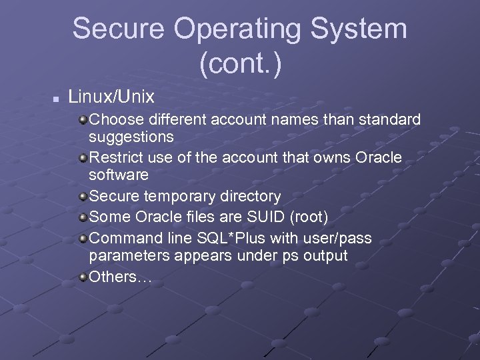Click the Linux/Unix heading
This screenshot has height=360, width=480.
pyautogui.click(x=111, y=97)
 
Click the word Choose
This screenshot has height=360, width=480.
pyautogui.click(x=114, y=120)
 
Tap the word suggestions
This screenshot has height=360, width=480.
pyautogui.click(x=131, y=137)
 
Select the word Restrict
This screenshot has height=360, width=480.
pyautogui.click(x=115, y=158)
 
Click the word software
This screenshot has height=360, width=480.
pyautogui.click(x=119, y=175)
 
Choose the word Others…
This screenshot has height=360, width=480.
pyautogui.click(x=121, y=277)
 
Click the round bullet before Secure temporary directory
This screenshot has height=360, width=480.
pyautogui.click(x=82, y=197)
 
